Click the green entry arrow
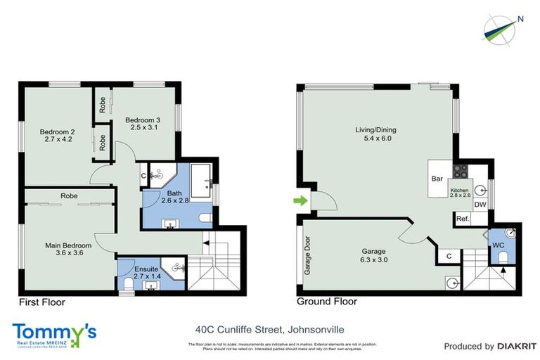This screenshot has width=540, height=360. click(x=300, y=202)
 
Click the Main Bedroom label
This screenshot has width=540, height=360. click(x=69, y=245)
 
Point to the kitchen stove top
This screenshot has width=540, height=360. click(x=460, y=171)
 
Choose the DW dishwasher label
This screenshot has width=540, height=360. click(x=481, y=205)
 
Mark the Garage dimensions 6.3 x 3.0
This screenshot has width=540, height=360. click(x=373, y=259)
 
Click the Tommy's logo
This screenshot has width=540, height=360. click(x=54, y=333)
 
